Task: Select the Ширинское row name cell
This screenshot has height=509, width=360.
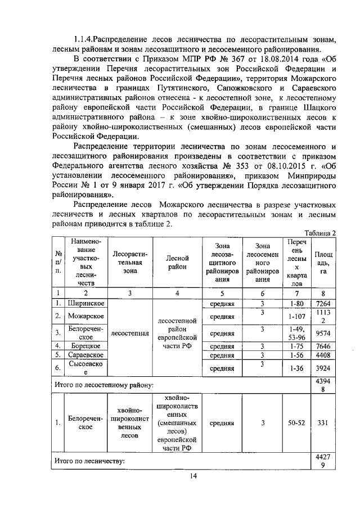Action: click(x=84, y=304)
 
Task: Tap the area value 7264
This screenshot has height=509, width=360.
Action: click(x=323, y=304)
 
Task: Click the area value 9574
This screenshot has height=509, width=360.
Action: click(x=323, y=332)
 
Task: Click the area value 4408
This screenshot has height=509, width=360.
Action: click(x=323, y=355)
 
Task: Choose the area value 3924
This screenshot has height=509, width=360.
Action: click(x=323, y=368)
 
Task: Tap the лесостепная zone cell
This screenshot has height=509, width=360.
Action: click(x=130, y=333)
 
